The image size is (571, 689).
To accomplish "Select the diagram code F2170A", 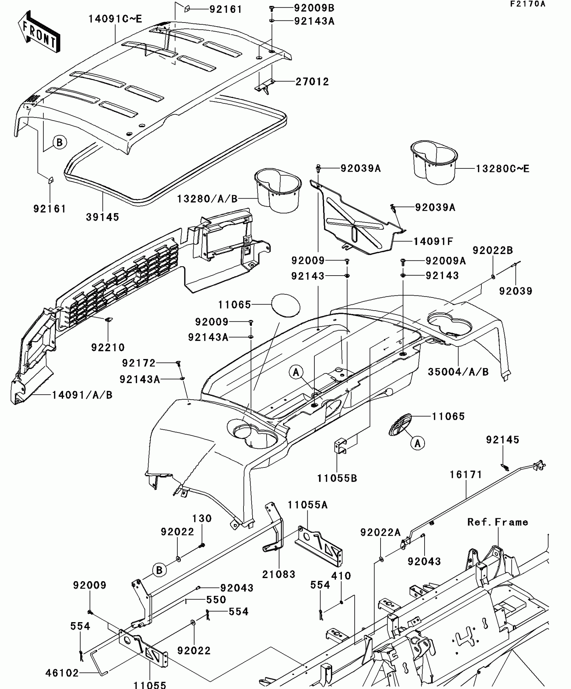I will (528, 4).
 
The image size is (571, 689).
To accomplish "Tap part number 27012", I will (312, 82).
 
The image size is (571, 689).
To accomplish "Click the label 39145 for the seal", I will (102, 217).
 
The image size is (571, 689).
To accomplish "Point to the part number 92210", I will (108, 347).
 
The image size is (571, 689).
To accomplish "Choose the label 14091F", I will (433, 241).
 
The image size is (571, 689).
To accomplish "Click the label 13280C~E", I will (502, 169).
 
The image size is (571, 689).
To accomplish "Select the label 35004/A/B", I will (458, 372).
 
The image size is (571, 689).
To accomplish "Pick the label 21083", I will (279, 574).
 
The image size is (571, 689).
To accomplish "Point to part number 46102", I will (62, 673).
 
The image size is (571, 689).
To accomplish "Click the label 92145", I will (502, 440).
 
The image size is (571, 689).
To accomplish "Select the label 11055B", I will (337, 478).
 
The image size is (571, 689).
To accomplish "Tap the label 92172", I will (139, 363).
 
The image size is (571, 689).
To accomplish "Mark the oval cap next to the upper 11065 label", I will (285, 305).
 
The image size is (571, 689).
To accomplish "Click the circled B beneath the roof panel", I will (59, 143).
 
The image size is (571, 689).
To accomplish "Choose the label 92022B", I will (493, 250).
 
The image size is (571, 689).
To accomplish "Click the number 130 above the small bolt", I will (202, 518).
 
